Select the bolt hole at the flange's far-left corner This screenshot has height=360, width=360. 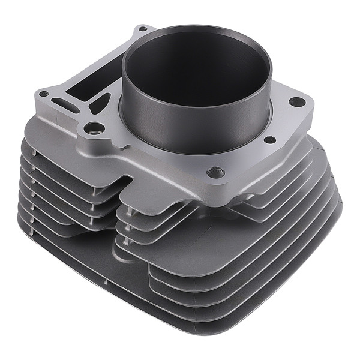(x=43, y=94)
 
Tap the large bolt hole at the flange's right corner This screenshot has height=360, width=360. (x=295, y=101)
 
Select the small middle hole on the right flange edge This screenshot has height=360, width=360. (x=269, y=140)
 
